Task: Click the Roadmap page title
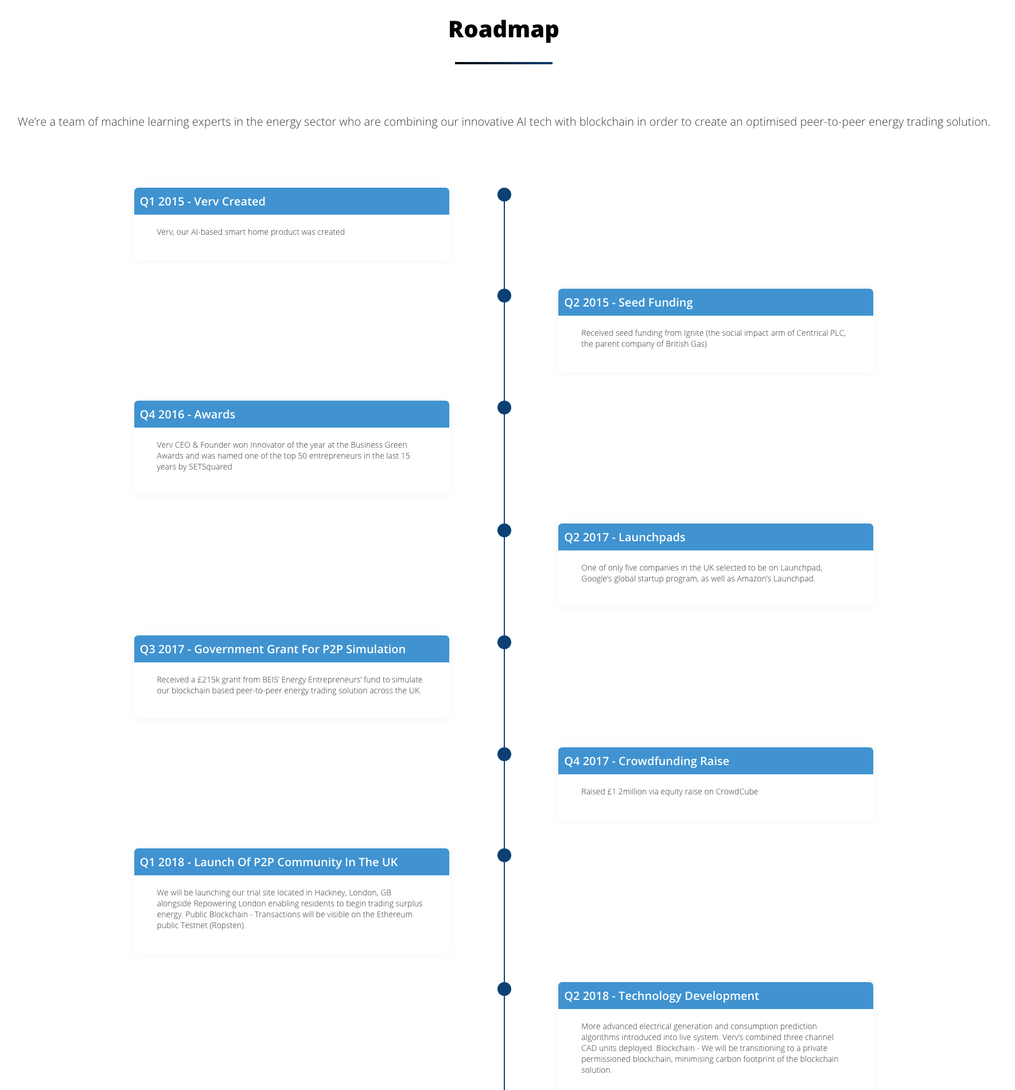point(504,30)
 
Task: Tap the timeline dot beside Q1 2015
point(504,195)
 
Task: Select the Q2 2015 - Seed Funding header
point(715,302)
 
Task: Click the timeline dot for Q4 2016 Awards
point(504,408)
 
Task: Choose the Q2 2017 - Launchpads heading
point(715,537)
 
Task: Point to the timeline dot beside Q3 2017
point(504,642)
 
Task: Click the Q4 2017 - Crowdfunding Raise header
point(715,761)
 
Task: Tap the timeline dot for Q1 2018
point(504,855)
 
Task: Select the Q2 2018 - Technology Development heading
point(715,996)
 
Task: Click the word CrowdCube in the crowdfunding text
point(737,792)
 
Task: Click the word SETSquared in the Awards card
point(211,467)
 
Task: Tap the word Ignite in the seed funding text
point(694,333)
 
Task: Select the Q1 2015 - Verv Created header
point(291,201)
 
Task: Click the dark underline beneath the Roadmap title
point(504,63)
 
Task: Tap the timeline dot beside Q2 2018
point(504,989)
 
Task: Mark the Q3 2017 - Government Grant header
point(291,649)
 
